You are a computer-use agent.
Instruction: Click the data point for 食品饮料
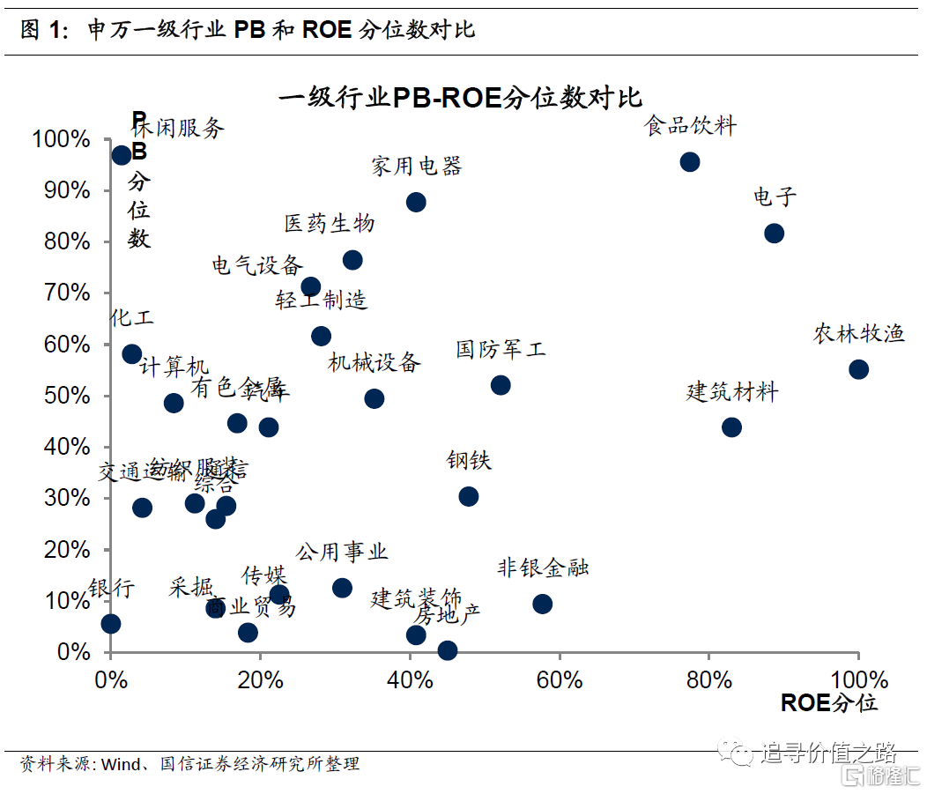click(x=690, y=162)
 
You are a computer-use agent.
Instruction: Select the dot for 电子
click(x=774, y=234)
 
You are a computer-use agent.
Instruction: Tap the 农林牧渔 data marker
click(x=858, y=369)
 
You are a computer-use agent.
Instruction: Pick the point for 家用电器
click(x=416, y=202)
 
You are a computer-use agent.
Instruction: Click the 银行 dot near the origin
click(x=111, y=624)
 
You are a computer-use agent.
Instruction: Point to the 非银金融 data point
click(x=543, y=604)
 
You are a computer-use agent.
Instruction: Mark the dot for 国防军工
click(x=501, y=385)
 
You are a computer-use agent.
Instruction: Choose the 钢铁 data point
click(x=469, y=496)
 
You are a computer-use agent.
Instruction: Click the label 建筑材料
click(x=732, y=392)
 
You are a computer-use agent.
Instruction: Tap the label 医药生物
click(x=330, y=224)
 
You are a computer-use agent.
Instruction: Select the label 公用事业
click(x=342, y=553)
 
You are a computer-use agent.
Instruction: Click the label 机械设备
click(x=374, y=362)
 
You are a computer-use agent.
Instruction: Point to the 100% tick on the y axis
click(x=61, y=139)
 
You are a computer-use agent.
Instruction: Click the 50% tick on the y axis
click(x=61, y=396)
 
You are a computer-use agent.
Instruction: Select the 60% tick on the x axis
click(x=560, y=680)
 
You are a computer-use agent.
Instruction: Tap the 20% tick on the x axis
click(x=260, y=680)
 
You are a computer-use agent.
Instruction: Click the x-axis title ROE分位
click(x=828, y=703)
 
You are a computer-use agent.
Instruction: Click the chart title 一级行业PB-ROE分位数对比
click(x=460, y=97)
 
